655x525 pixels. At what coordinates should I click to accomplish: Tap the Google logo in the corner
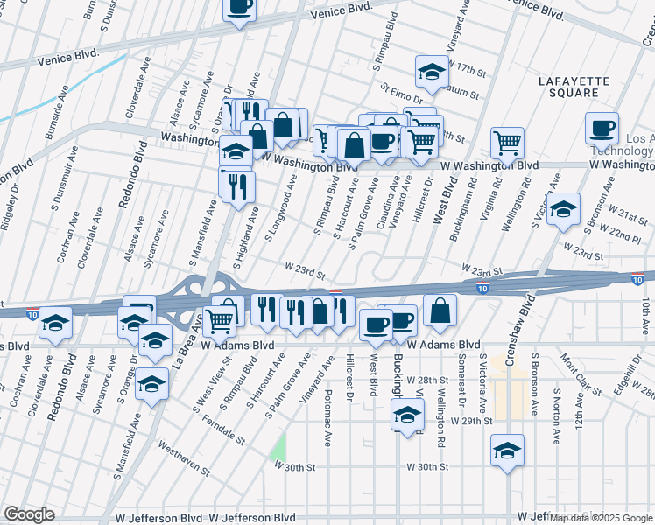(29, 514)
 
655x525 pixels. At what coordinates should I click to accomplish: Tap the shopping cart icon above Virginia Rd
(507, 142)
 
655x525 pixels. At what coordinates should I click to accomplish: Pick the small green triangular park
(278, 447)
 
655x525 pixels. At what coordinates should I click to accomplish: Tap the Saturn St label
(461, 90)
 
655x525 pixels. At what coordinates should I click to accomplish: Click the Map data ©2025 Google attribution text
(601, 518)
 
